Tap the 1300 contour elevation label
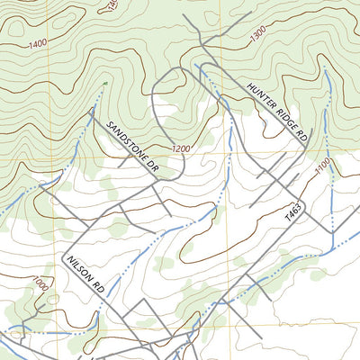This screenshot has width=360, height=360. (x=258, y=32)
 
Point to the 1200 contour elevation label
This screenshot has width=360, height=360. (x=181, y=148)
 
